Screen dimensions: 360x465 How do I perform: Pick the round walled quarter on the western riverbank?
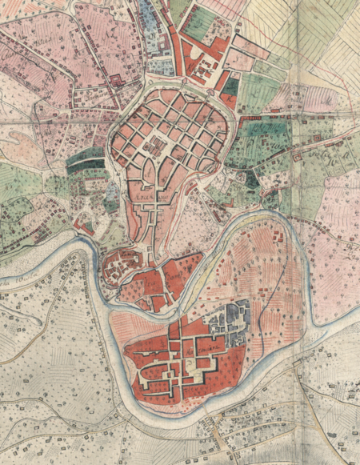pos(122,267)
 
